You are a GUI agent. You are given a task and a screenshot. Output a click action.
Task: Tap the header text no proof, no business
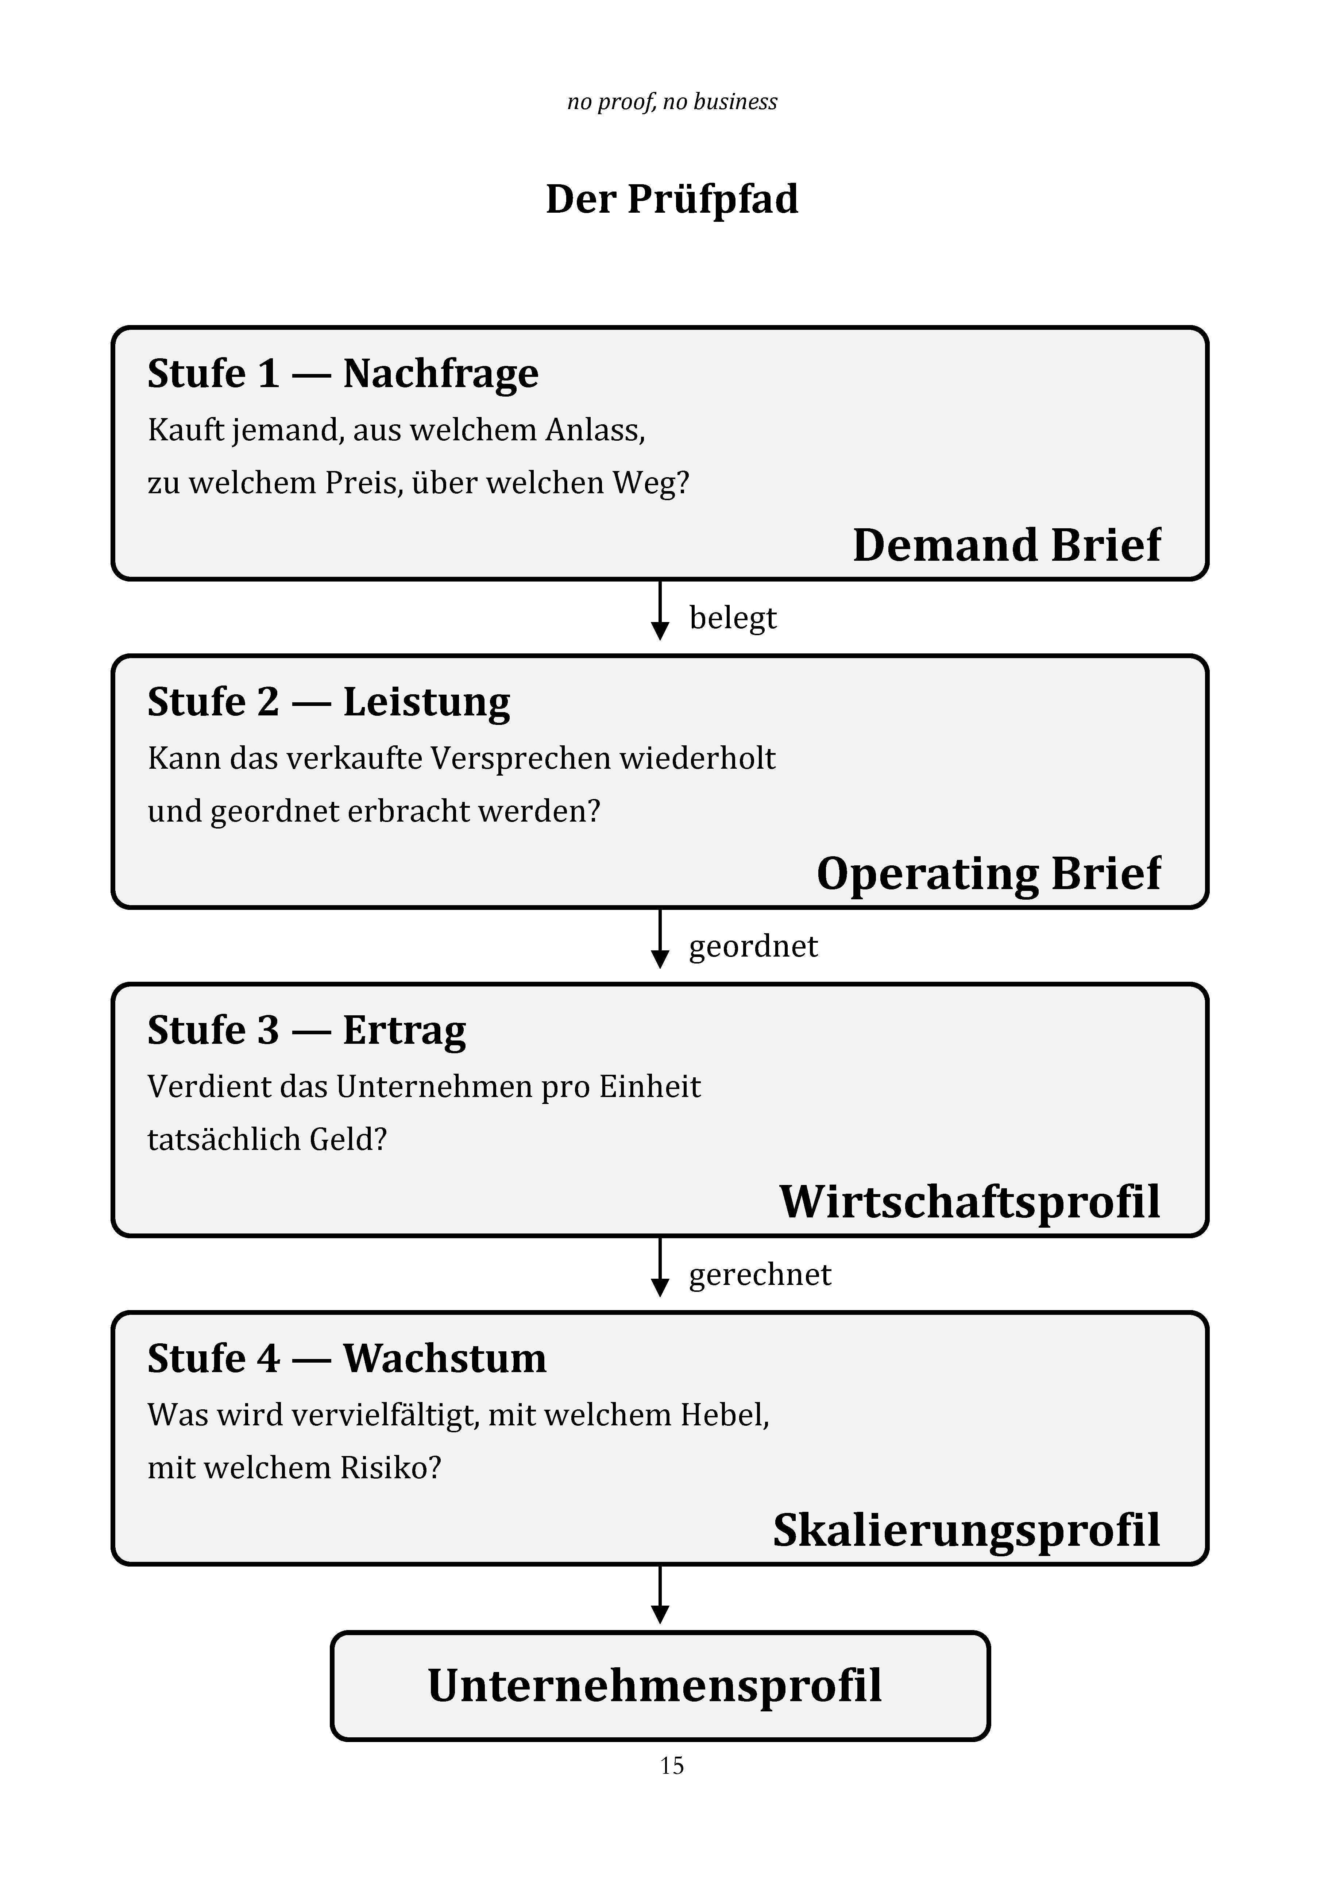pos(672,101)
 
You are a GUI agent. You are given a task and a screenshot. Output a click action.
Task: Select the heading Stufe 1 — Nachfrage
pos(343,373)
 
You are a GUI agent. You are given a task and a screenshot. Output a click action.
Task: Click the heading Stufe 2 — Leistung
pos(329,702)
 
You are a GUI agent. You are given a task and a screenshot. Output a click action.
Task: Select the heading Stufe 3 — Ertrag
pos(306,1031)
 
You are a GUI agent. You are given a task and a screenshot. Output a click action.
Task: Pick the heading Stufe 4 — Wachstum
pos(347,1358)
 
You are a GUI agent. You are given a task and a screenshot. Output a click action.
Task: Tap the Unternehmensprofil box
pos(660,1685)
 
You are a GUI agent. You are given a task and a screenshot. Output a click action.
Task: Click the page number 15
pos(672,1765)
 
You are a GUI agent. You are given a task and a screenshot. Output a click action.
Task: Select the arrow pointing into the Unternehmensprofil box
pos(660,1595)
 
